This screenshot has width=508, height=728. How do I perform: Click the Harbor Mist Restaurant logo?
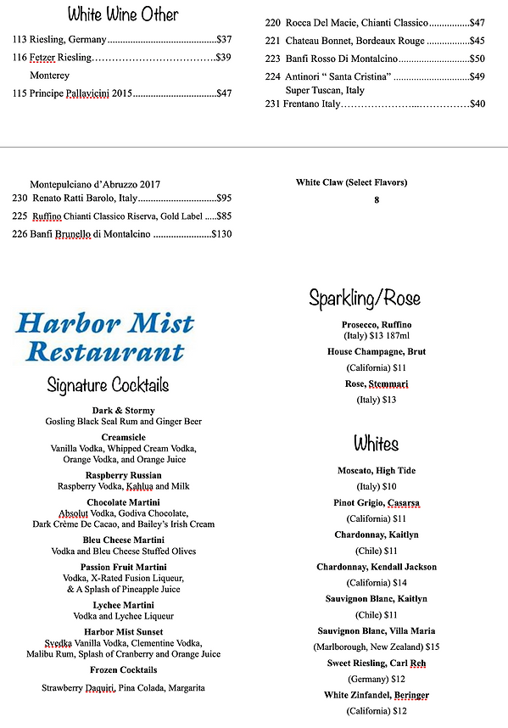[x=104, y=336]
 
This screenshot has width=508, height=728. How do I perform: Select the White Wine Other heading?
[x=123, y=14]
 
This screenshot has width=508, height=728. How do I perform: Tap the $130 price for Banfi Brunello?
[x=221, y=234]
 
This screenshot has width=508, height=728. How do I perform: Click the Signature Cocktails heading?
[x=109, y=386]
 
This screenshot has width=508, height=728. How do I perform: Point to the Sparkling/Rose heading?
[x=365, y=298]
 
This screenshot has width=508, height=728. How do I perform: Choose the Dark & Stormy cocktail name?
[x=124, y=411]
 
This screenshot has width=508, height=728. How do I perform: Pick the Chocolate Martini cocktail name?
[x=124, y=503]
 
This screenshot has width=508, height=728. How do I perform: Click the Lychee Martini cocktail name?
[x=124, y=605]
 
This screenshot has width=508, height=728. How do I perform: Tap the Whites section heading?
[x=376, y=444]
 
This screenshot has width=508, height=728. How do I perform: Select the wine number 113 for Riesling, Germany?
[x=20, y=40]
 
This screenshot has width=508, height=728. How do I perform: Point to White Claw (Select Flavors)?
[x=351, y=182]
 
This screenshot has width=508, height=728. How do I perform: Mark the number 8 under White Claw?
[x=377, y=200]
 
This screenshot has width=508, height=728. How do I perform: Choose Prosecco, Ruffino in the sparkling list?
[x=377, y=325]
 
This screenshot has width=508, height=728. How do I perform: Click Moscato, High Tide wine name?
[x=377, y=471]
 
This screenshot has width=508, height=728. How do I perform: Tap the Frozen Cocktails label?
[x=124, y=669]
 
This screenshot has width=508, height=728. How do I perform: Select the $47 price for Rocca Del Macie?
[x=477, y=23]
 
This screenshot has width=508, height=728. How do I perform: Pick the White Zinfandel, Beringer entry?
[x=377, y=695]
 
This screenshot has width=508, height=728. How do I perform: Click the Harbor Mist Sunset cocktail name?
[x=124, y=632]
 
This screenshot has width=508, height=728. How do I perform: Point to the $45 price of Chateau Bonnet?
[x=477, y=41]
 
